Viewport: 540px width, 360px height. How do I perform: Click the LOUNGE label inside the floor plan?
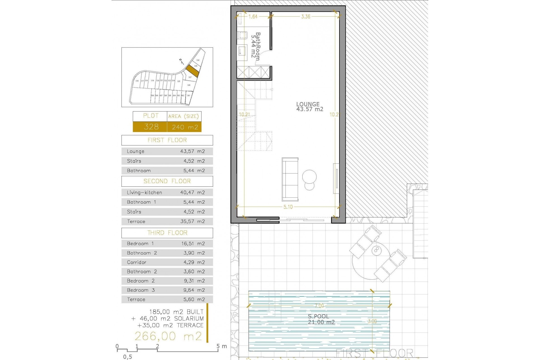[308, 104]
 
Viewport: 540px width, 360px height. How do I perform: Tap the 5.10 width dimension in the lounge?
[288, 207]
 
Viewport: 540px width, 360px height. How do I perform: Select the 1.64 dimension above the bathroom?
[253, 17]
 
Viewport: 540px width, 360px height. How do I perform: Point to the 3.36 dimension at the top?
[305, 17]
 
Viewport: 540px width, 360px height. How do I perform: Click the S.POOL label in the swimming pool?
[318, 316]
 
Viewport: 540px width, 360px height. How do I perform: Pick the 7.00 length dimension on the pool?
[319, 306]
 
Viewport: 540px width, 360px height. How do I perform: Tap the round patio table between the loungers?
[376, 250]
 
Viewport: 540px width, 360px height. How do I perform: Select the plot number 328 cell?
[151, 127]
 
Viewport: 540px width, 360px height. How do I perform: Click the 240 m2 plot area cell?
[185, 127]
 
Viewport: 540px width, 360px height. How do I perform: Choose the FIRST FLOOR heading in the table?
[167, 140]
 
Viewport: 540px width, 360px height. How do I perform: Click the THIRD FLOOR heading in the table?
[167, 233]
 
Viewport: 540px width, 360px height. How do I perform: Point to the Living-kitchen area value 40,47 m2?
[192, 193]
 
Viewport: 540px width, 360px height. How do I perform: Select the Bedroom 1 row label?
[140, 244]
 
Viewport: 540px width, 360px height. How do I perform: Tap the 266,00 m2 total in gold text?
[168, 336]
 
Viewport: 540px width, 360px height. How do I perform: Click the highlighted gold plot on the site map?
[192, 71]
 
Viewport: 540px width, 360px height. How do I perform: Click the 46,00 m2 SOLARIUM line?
[171, 319]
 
